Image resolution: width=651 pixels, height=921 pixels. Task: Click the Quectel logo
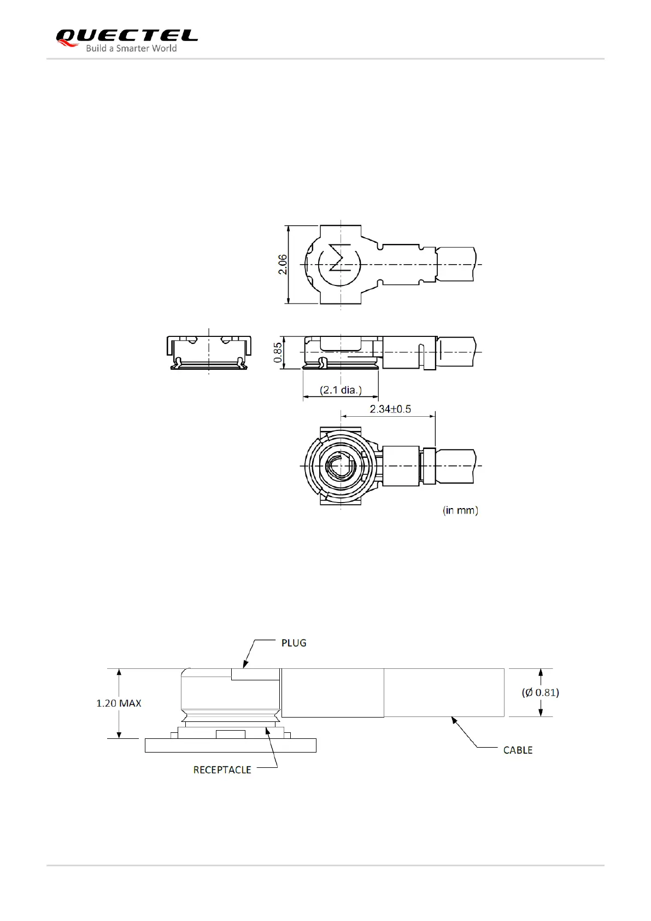tap(127, 40)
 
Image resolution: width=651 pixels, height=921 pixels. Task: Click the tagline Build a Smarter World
tap(131, 48)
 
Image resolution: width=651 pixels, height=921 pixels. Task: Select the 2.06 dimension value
tap(283, 264)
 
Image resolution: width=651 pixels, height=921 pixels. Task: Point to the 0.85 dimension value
tap(278, 353)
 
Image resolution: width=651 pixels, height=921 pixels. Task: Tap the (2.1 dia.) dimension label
tap(341, 390)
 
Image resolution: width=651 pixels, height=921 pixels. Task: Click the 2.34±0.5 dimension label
tap(390, 409)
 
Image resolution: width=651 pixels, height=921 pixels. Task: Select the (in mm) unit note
tap(460, 510)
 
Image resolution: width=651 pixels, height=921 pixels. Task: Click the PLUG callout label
tap(294, 643)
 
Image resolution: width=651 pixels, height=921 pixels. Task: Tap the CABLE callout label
tap(518, 750)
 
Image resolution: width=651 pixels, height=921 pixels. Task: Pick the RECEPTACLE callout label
tap(222, 770)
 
